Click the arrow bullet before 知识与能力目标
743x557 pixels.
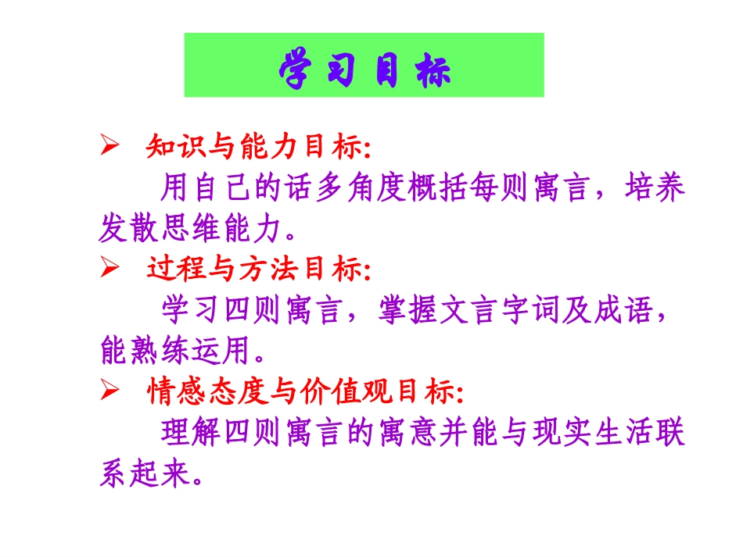(x=109, y=147)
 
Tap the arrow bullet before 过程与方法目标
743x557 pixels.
(x=109, y=269)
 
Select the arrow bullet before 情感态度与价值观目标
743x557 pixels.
(x=109, y=391)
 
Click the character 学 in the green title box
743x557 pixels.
(x=296, y=68)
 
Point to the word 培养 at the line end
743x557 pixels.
(x=655, y=188)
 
